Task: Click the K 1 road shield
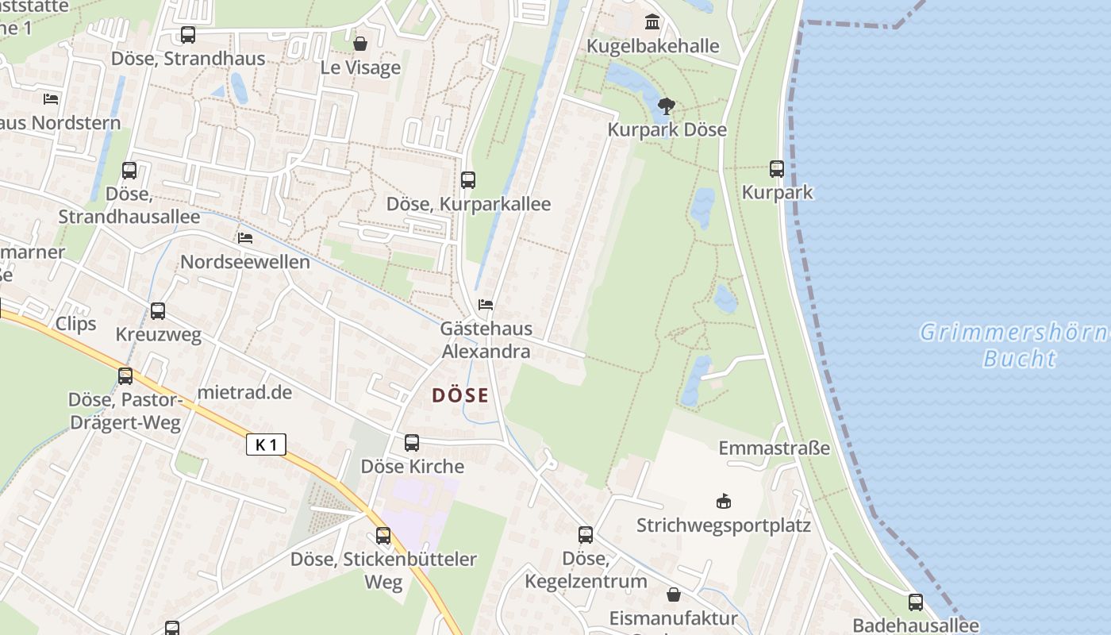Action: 266,444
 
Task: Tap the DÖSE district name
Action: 460,395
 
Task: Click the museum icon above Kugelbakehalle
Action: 652,21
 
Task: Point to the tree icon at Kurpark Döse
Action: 667,106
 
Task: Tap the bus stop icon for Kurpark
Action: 777,168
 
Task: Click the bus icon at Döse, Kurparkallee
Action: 468,179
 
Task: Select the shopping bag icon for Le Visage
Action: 360,43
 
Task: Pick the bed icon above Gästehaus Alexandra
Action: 486,304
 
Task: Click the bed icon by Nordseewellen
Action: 245,237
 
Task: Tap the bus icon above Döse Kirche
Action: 412,442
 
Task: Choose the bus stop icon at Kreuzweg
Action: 158,310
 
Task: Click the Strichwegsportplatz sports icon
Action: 723,501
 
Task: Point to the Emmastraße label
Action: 774,448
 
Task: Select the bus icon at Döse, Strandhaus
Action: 188,34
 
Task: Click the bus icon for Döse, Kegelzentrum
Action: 586,534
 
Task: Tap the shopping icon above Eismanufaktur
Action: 674,594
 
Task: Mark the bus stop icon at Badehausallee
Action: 916,602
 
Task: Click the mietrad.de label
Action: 244,392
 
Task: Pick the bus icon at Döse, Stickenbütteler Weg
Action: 383,535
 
